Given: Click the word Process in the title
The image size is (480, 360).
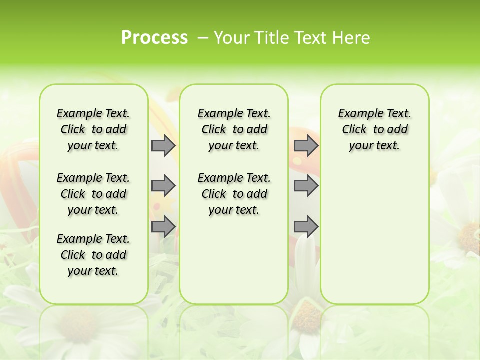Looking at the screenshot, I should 154,38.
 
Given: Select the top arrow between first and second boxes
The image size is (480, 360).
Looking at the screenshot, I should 163,145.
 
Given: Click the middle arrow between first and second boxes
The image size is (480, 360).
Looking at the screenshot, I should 163,186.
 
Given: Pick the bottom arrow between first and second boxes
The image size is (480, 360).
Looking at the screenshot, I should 163,227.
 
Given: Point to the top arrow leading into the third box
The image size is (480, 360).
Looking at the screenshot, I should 306,145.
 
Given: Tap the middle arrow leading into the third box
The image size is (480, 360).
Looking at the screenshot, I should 306,186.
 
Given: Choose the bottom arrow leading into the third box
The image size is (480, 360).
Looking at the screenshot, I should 306,227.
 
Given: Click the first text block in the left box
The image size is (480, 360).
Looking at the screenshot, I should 93,129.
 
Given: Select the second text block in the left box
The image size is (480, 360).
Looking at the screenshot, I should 93,194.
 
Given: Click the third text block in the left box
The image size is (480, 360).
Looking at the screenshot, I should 93,255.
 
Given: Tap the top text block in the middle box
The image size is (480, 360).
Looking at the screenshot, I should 234,129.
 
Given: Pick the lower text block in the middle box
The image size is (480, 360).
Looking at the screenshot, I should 234,194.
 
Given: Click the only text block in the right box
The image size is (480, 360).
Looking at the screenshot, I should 374,129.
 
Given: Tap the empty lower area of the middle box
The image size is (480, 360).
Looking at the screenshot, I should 234,260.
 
